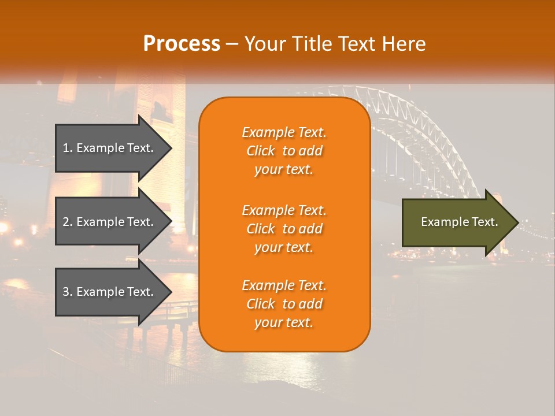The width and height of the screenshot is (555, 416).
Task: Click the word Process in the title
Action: (x=182, y=44)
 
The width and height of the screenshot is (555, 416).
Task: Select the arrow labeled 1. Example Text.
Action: (x=110, y=148)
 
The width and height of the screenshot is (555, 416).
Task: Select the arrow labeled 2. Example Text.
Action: (x=110, y=222)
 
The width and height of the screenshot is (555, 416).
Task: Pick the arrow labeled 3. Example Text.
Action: (x=110, y=292)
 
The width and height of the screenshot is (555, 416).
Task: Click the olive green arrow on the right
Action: (x=457, y=222)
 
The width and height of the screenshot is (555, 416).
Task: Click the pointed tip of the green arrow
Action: (x=517, y=222)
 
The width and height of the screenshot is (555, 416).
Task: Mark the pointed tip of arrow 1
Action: (x=171, y=148)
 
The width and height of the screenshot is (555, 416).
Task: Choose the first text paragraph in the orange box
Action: (x=284, y=151)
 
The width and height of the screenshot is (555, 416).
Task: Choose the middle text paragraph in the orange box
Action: (x=284, y=229)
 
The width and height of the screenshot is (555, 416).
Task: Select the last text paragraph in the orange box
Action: (x=284, y=304)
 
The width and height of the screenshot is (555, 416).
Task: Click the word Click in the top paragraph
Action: (x=261, y=151)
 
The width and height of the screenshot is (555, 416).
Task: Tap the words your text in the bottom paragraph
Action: (x=284, y=322)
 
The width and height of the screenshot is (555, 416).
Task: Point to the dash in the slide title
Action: (x=232, y=44)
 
